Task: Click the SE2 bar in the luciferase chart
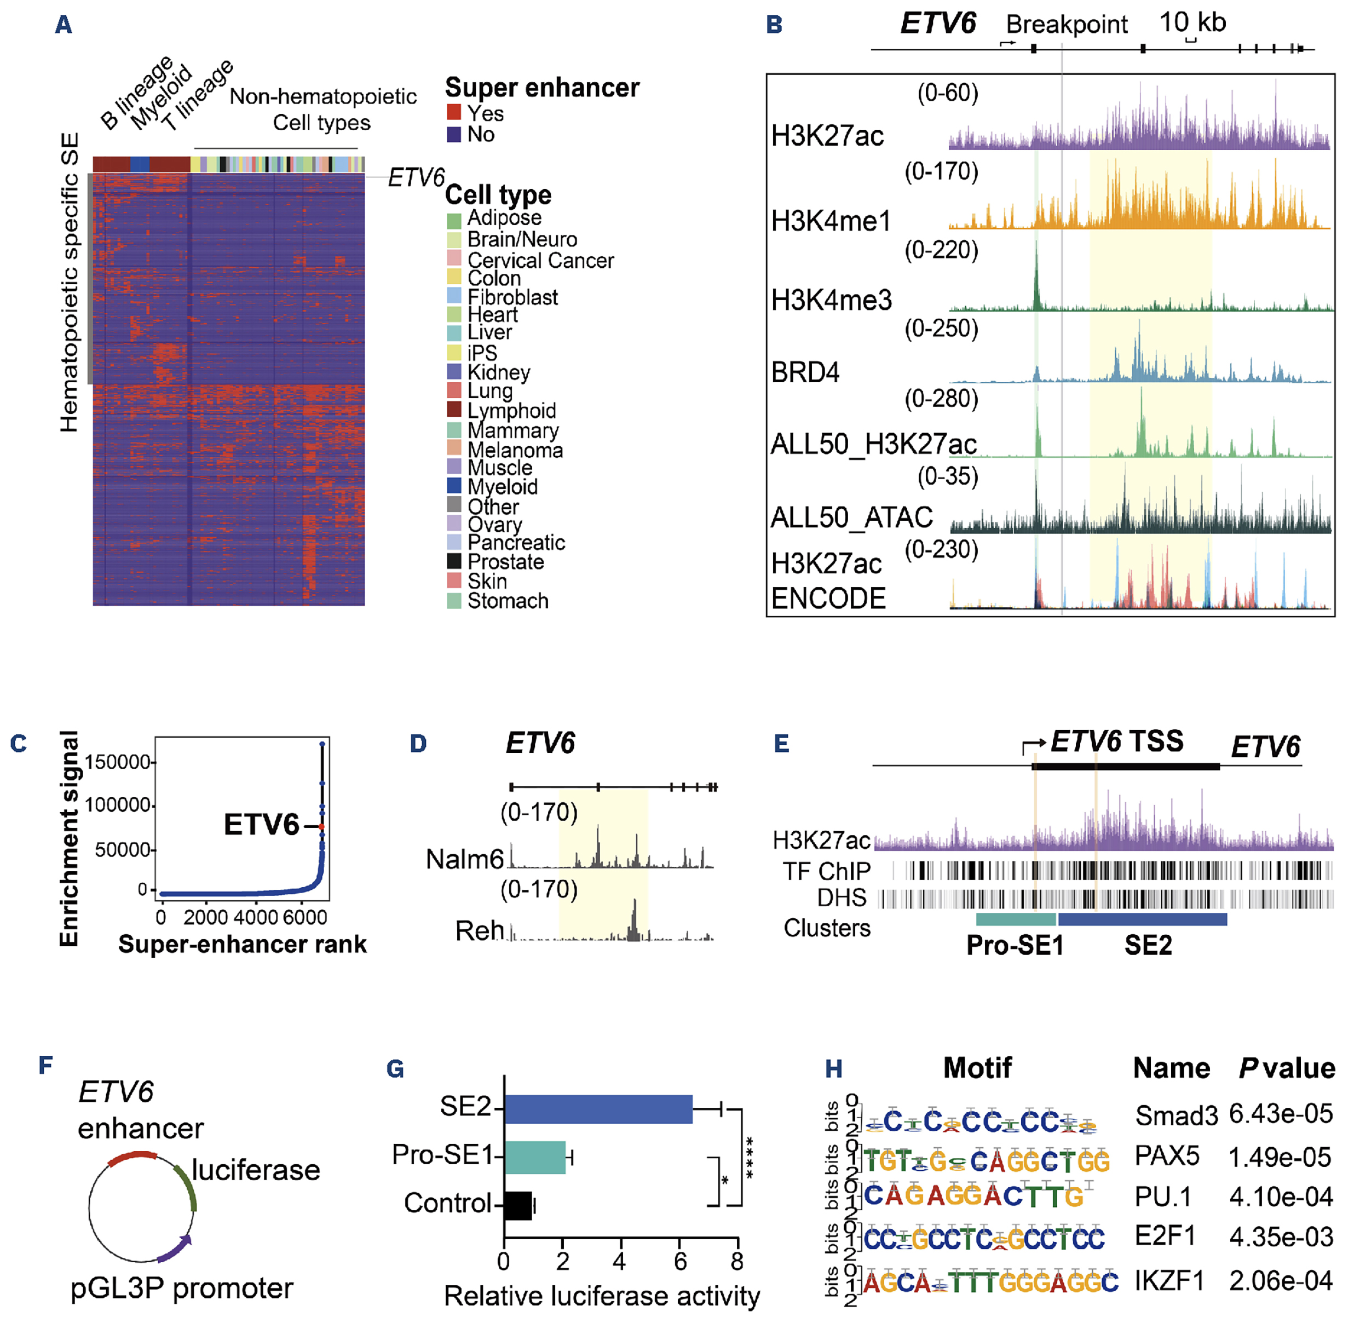point(598,1108)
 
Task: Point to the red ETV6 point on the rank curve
point(322,826)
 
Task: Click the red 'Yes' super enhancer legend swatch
point(454,112)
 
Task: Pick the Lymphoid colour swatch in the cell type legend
point(454,410)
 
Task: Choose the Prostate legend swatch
point(454,561)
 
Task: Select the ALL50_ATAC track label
point(851,517)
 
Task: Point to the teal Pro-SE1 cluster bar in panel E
point(1015,919)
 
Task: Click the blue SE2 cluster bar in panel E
point(1142,919)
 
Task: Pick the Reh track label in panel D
point(479,930)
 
